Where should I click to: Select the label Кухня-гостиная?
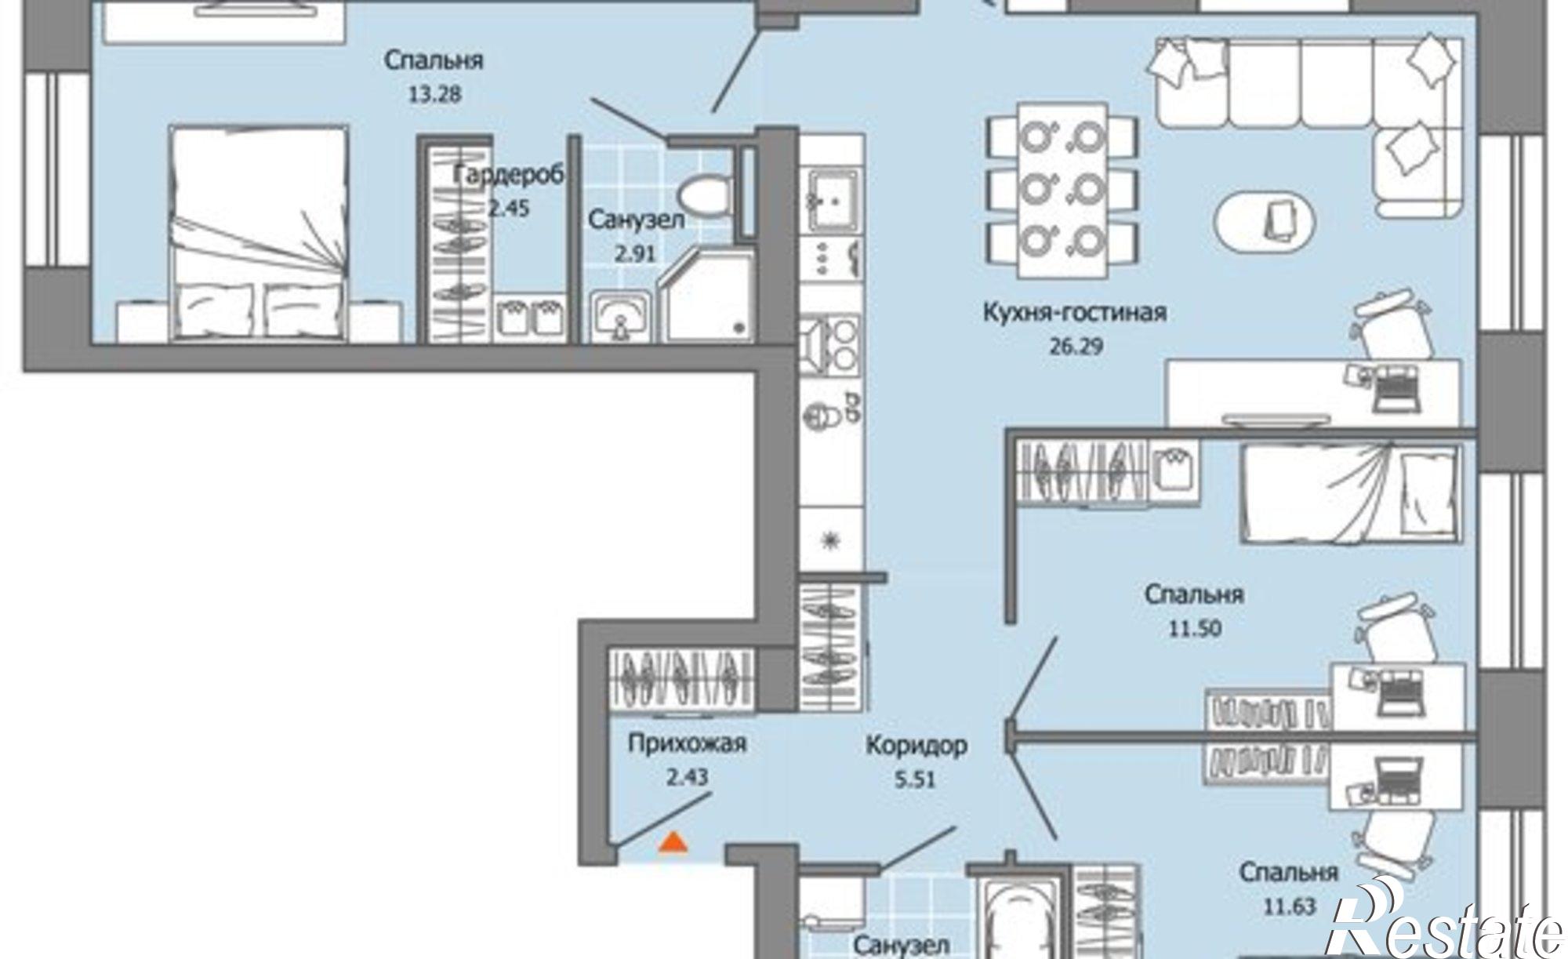(1075, 313)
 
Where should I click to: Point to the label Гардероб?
(509, 176)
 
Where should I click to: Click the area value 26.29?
(1076, 346)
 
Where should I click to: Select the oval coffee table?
(1265, 221)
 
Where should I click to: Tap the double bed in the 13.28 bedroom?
(260, 234)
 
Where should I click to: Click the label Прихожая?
(687, 743)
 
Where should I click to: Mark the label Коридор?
(916, 746)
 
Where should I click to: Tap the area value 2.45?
(509, 209)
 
